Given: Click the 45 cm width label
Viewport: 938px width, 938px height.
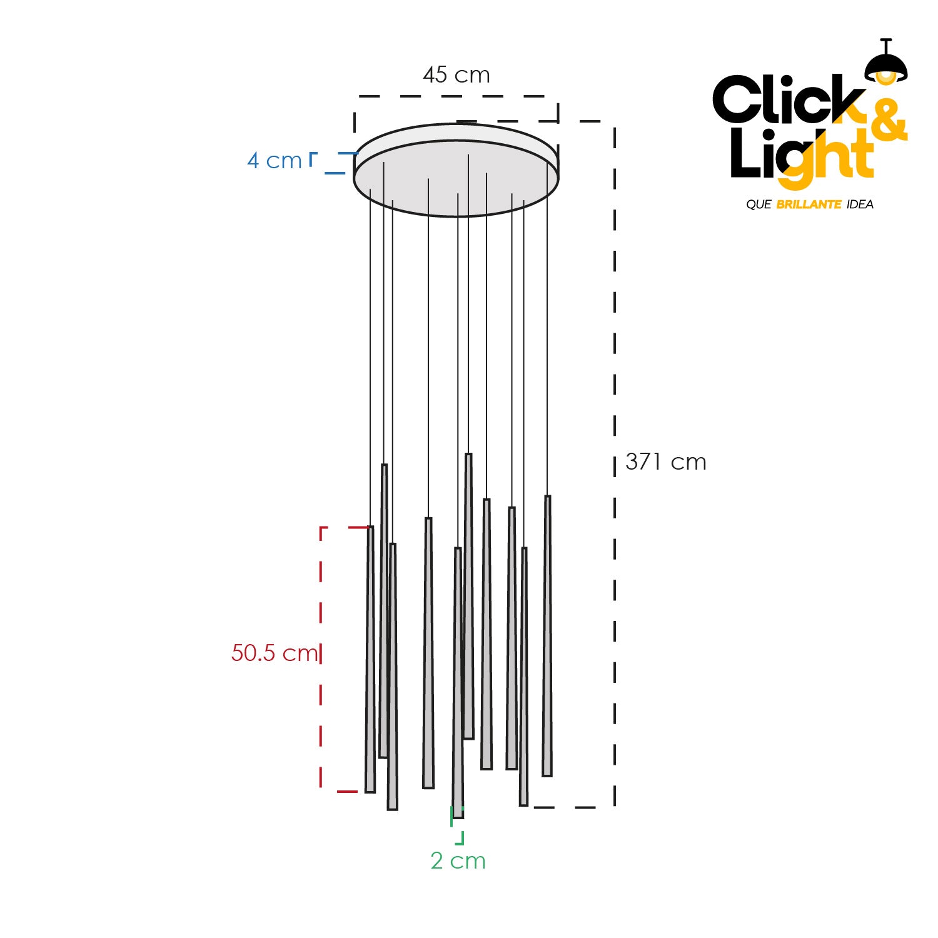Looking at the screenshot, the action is [456, 75].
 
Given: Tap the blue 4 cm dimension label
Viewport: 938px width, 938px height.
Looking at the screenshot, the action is [275, 161].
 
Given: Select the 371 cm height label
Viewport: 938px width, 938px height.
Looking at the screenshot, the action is [666, 462].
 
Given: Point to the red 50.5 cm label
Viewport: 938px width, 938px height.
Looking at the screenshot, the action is [275, 653].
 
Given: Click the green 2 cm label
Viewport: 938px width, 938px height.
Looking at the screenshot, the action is [458, 861].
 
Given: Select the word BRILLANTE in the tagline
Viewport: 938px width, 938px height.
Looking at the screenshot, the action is [809, 204].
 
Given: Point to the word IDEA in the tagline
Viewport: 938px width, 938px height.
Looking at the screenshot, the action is [860, 204].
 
